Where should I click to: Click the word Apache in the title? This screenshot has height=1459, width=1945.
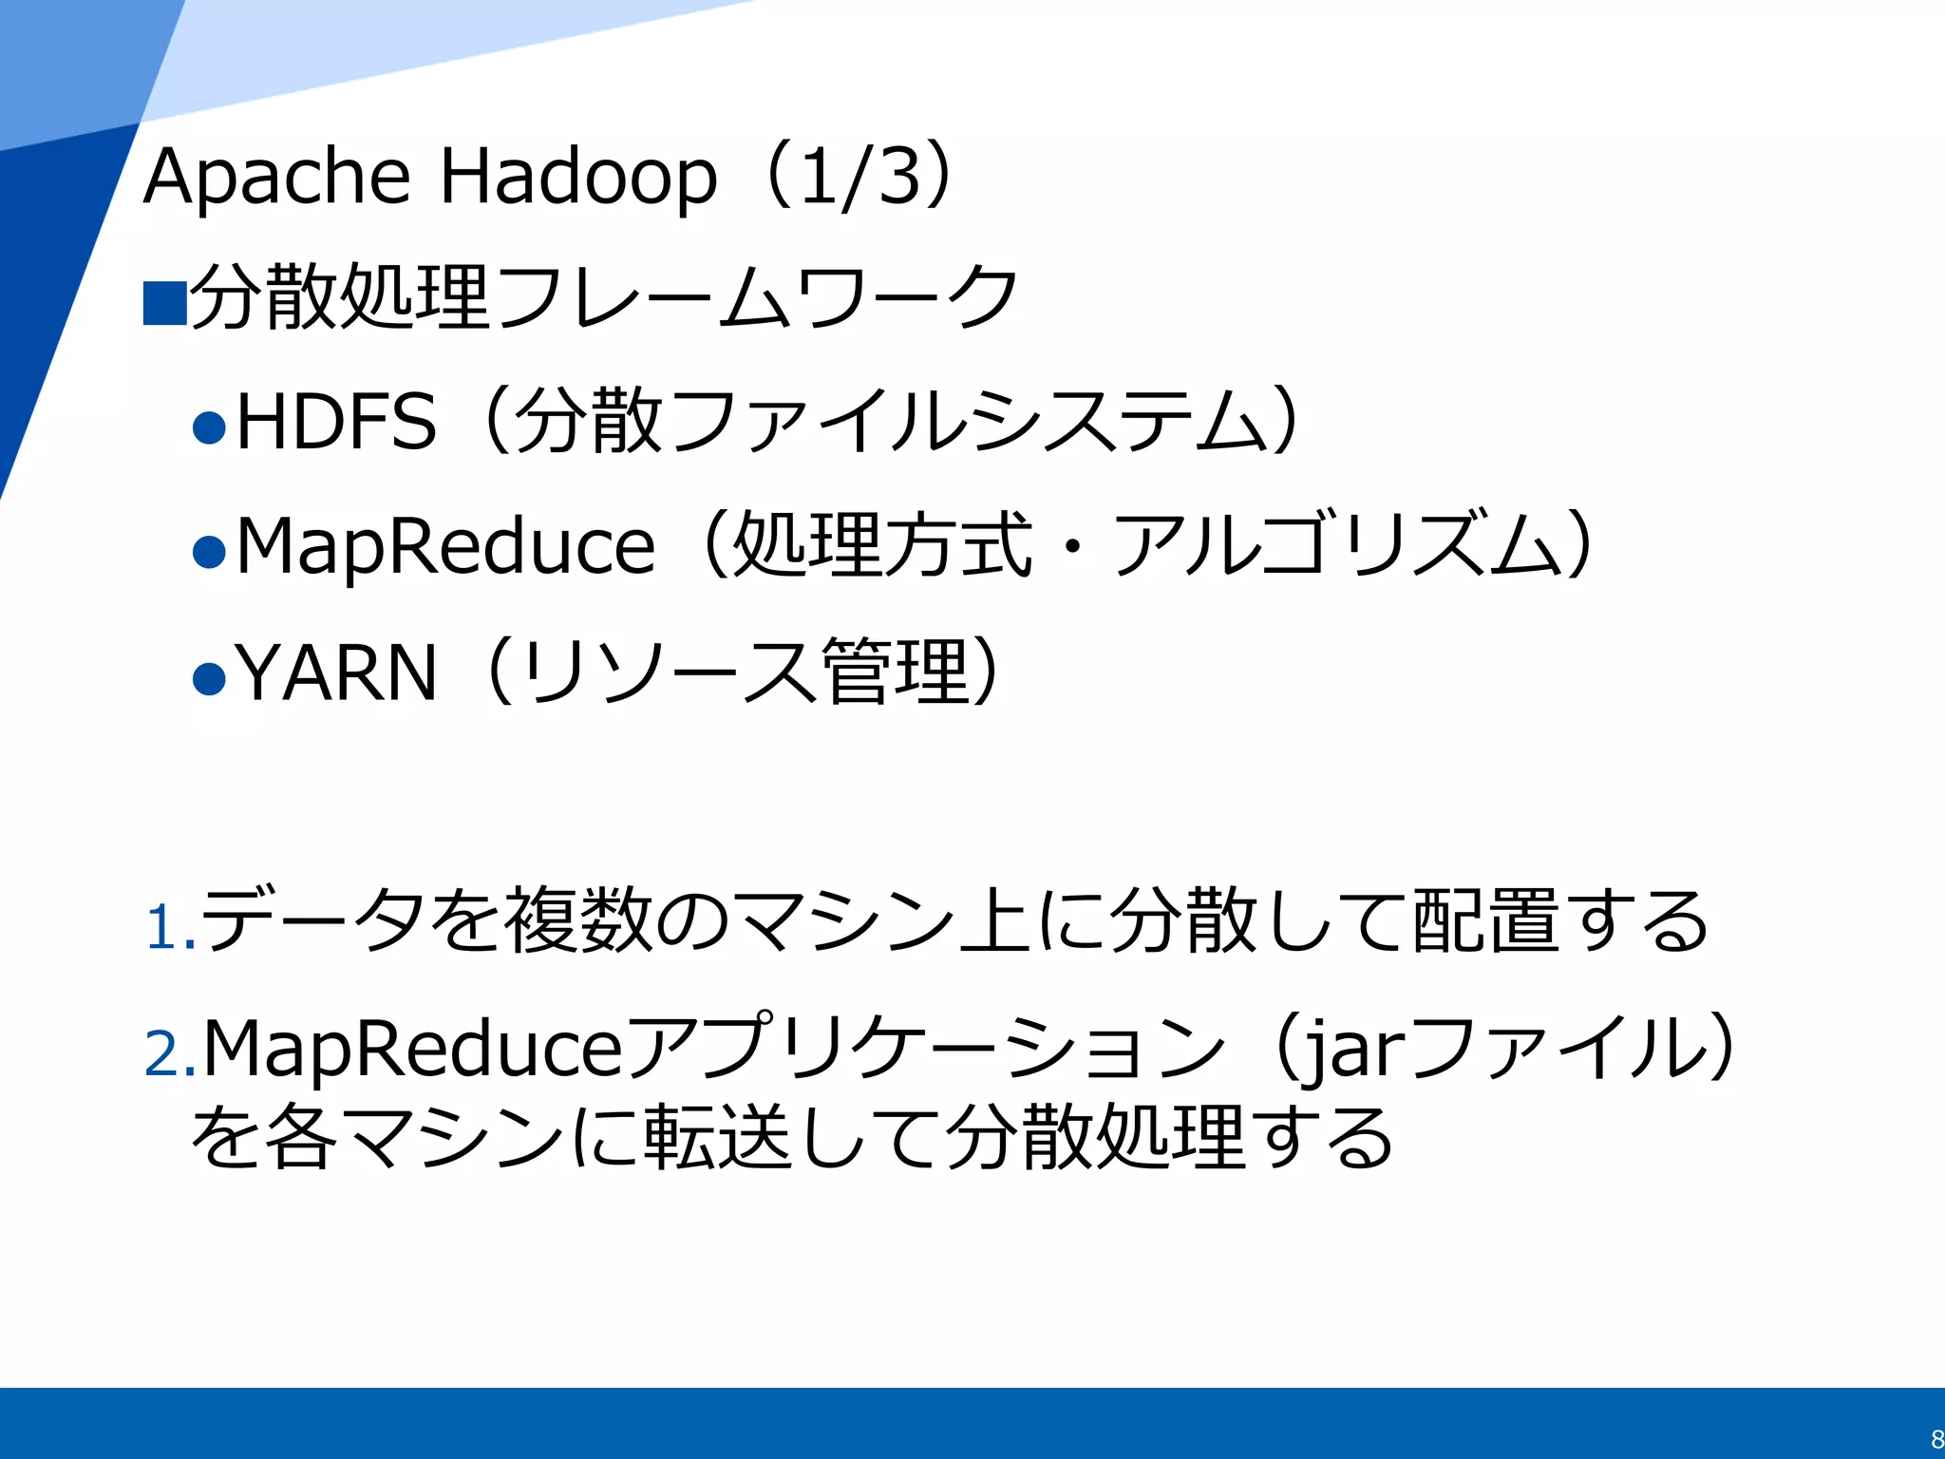pos(276,178)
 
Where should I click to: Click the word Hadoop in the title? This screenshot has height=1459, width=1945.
pos(577,178)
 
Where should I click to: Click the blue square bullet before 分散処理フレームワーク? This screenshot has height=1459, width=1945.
pos(164,303)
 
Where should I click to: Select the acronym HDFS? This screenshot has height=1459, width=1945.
pos(335,422)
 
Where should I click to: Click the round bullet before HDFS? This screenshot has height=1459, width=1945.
pos(209,427)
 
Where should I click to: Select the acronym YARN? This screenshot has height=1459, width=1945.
pos(336,673)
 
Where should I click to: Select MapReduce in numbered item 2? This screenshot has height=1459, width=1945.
pos(412,1049)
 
